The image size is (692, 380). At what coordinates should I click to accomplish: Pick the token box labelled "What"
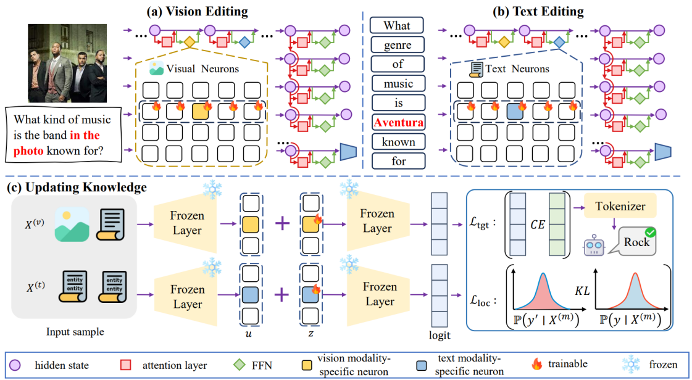point(398,25)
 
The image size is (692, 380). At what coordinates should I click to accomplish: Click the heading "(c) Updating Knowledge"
point(77,187)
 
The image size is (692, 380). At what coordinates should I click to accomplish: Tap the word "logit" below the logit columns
point(439,335)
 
